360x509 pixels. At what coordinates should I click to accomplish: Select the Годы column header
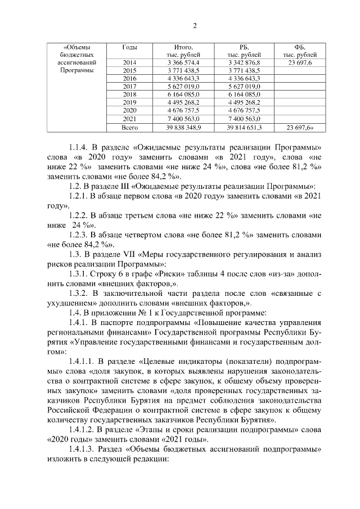[x=130, y=47]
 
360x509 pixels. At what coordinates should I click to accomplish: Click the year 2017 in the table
[x=129, y=87]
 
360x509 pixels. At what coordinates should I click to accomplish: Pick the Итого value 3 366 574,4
[x=179, y=62]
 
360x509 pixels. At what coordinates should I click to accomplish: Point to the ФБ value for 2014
[x=300, y=62]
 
